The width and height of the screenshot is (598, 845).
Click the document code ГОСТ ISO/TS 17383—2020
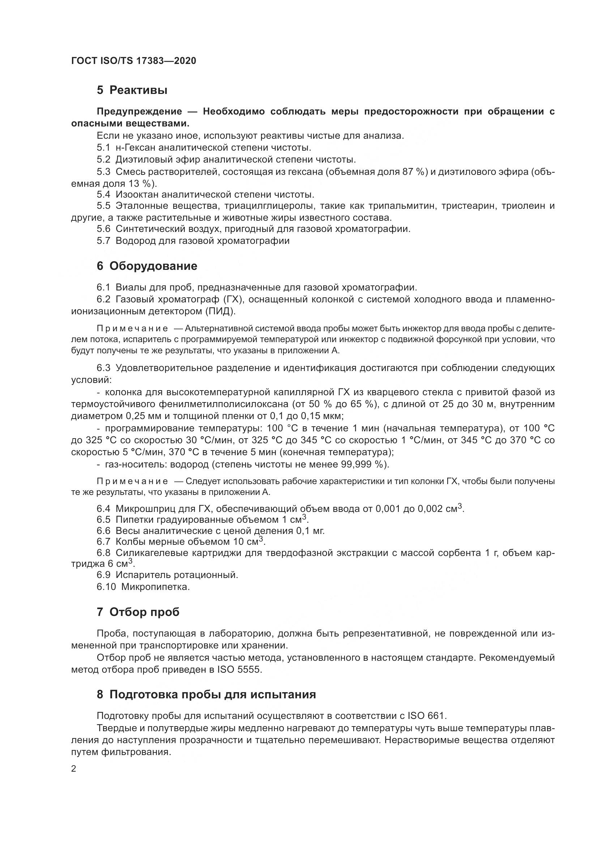pos(133,61)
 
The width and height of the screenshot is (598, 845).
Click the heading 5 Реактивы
pos(132,90)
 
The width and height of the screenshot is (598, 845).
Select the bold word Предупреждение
pos(139,112)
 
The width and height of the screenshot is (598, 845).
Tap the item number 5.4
pos(103,194)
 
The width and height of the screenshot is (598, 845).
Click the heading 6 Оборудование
pos(147,266)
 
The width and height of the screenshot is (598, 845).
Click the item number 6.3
pos(103,368)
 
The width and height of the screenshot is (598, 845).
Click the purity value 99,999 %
pos(363,465)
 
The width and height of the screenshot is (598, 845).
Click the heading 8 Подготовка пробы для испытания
pos(206,694)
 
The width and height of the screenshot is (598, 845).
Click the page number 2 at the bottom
pos(74,769)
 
